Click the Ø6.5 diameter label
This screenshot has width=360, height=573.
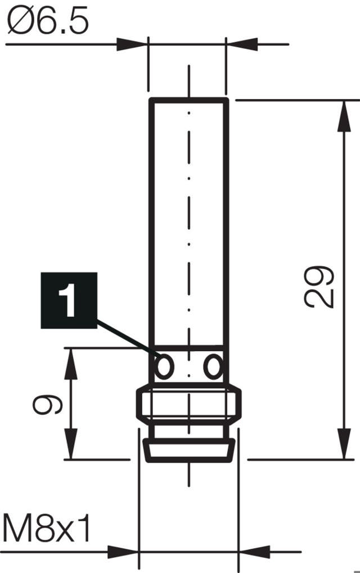[x=48, y=21]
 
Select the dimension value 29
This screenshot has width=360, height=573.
[x=319, y=287]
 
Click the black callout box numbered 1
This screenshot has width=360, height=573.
[x=69, y=301]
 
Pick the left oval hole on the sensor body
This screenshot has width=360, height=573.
[x=164, y=366]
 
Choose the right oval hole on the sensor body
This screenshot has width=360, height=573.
[x=213, y=366]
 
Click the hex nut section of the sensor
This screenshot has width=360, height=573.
[x=189, y=404]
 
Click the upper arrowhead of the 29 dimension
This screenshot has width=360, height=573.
[x=344, y=116]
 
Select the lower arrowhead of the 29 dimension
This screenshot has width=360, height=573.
[x=344, y=444]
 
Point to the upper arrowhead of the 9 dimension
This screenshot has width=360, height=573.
[x=71, y=364]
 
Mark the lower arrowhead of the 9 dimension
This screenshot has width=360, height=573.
[x=71, y=444]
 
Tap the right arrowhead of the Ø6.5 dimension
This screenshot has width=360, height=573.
[x=242, y=44]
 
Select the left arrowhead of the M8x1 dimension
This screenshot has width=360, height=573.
[x=123, y=552]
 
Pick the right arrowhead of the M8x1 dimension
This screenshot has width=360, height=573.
[x=254, y=552]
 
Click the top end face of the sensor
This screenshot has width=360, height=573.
[x=189, y=100]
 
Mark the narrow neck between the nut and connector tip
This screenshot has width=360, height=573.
[x=189, y=432]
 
